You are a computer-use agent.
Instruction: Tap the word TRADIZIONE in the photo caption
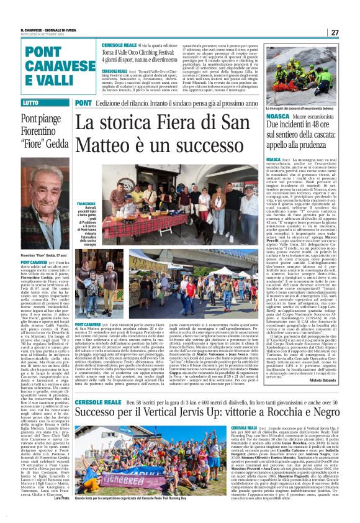point(86,202)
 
